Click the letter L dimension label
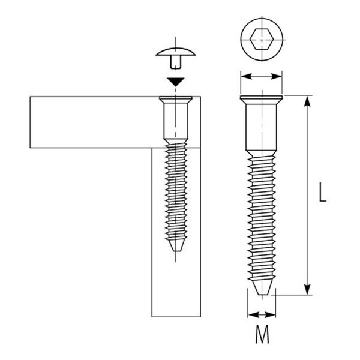pos(323,192)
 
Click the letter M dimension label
pos(262,334)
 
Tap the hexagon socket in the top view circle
pos(261,39)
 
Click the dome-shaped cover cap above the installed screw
pos(176,52)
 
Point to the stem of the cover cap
pos(176,62)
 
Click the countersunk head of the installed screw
pos(176,100)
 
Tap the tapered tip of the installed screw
pos(176,245)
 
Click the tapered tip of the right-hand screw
pos(262,287)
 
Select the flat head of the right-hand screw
pos(262,100)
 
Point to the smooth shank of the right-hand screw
pos(261,127)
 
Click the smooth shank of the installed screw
pos(176,121)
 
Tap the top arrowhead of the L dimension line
pos(307,101)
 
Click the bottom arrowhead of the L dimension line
pos(307,289)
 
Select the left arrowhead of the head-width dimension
pos(246,77)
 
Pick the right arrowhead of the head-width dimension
pos(277,77)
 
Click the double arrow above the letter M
pos(262,315)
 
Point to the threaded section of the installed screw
pos(176,191)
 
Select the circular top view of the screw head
pos(261,39)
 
